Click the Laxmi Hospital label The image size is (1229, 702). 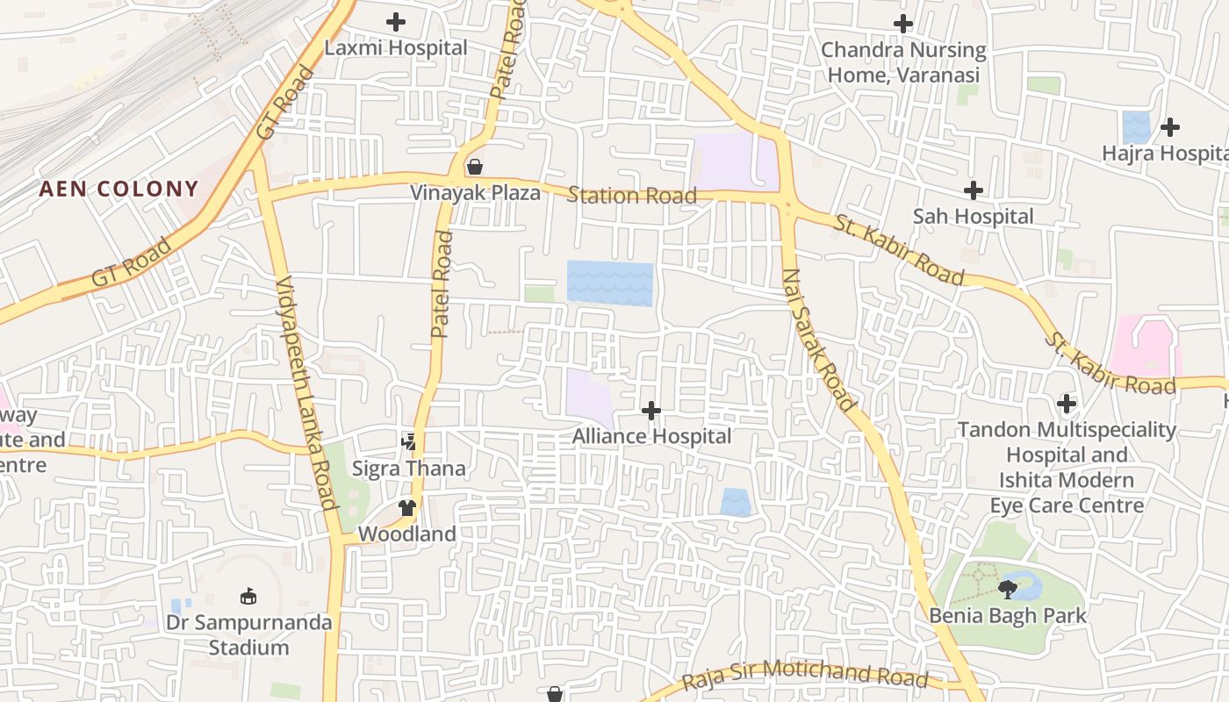click(396, 48)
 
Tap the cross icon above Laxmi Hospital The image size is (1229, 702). click(396, 22)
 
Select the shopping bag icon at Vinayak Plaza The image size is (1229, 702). click(475, 166)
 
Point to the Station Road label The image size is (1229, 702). click(632, 195)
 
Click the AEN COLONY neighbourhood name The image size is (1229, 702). click(119, 189)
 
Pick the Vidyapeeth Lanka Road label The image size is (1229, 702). click(306, 392)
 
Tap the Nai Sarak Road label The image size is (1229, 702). click(818, 340)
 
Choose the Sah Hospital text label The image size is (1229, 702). click(974, 216)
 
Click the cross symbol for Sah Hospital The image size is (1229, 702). click(974, 190)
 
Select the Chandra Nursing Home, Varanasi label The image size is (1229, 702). click(903, 62)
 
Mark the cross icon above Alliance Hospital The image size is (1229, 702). click(651, 410)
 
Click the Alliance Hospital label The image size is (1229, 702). click(651, 436)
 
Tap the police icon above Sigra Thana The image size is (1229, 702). click(408, 441)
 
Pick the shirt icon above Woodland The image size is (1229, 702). click(407, 507)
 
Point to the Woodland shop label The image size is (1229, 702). click(407, 534)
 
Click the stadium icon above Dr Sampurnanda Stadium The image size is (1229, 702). click(248, 597)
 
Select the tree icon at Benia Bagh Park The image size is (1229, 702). click(1008, 589)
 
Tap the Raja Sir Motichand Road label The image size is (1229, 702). click(805, 674)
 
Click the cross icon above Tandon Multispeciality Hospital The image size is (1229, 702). click(1067, 404)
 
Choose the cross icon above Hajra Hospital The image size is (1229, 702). click(1170, 127)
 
